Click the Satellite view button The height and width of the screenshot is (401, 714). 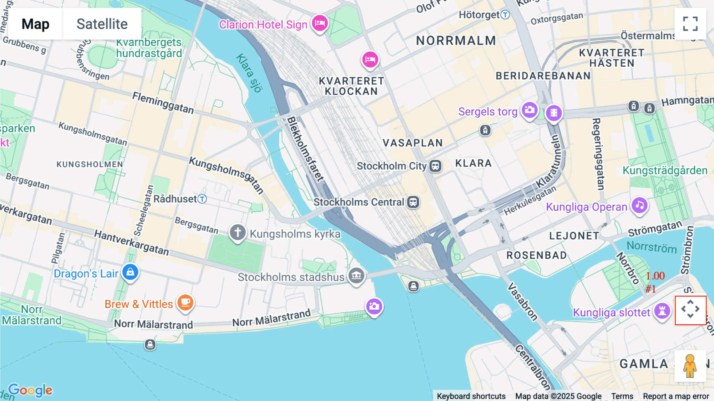point(102,24)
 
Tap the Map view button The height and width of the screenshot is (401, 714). point(35,24)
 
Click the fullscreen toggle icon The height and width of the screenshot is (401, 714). point(690,24)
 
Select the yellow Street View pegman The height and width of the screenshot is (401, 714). point(690,366)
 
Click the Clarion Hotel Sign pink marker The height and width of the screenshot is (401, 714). point(320,23)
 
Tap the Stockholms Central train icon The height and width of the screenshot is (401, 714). point(413,202)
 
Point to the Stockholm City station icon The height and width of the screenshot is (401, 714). point(435,166)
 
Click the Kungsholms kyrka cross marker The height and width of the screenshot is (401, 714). point(238,232)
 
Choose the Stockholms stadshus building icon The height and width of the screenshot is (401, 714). point(356,275)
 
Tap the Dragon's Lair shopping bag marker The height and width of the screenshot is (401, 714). point(130,272)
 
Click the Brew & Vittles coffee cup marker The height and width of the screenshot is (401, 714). point(185,303)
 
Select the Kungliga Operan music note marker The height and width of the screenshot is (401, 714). point(639,206)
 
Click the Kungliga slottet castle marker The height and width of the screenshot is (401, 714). point(662,311)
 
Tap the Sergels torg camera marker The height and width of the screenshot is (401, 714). point(530,110)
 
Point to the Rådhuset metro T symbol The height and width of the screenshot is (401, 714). point(202,199)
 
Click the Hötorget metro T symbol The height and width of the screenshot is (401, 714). point(505,15)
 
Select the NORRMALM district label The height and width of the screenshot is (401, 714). point(456,40)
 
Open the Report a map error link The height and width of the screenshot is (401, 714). point(676,396)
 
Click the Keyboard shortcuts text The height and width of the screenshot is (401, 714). point(471,396)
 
